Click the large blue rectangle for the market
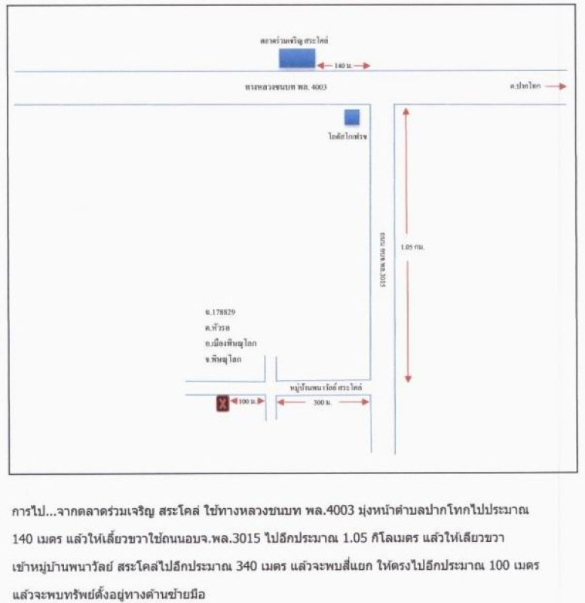pos(296,58)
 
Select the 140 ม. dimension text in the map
pos(343,66)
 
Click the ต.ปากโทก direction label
pos(525,87)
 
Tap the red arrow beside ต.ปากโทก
pos(556,87)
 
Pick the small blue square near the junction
pos(352,117)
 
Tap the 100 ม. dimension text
pos(247,403)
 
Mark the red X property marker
pos(222,404)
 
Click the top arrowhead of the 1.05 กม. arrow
pos(406,112)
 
